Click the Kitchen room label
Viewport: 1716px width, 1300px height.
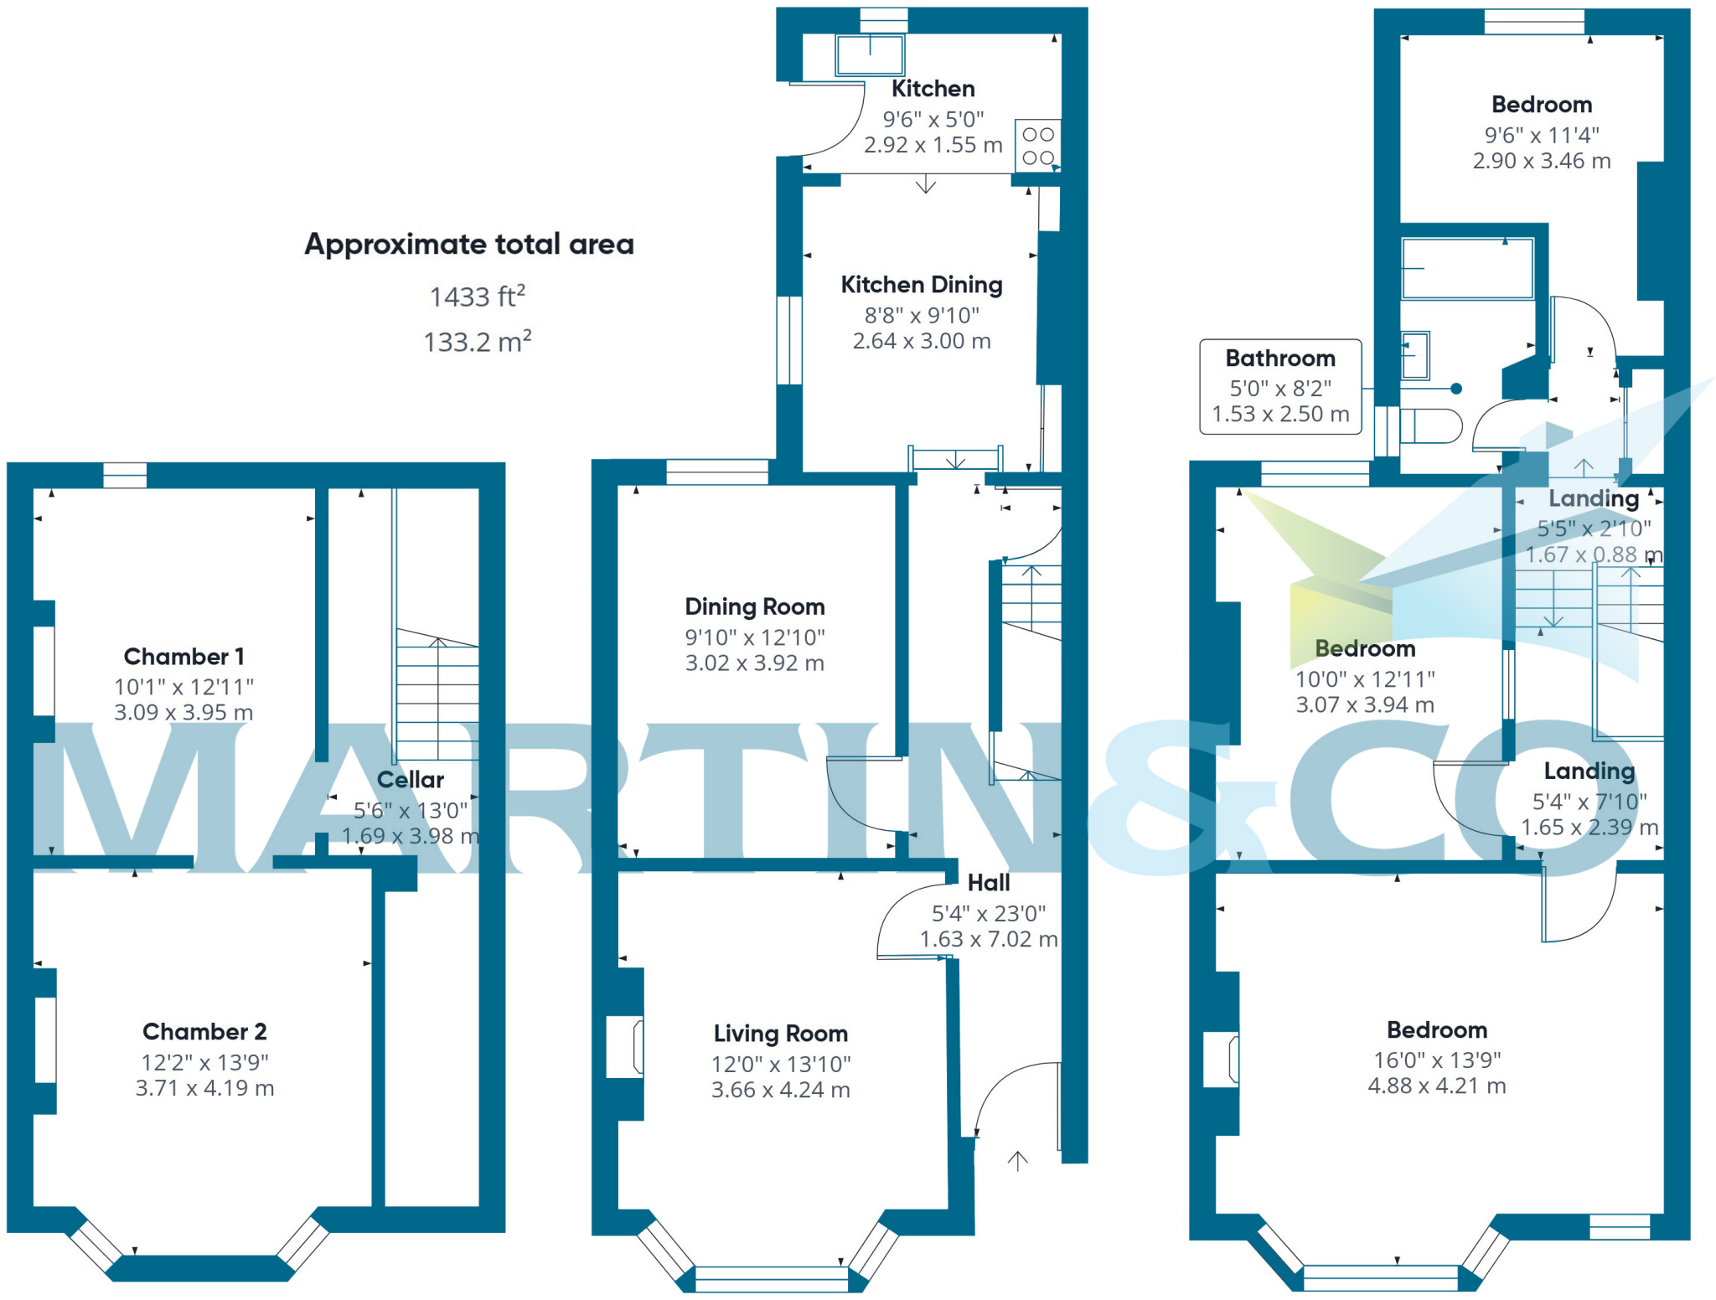click(933, 89)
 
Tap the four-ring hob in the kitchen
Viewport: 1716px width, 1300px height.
click(1037, 146)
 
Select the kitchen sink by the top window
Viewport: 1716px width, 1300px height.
click(870, 55)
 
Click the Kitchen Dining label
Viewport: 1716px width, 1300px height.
click(921, 285)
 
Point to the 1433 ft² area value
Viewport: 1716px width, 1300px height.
click(477, 297)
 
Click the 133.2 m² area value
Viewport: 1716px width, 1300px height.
click(477, 342)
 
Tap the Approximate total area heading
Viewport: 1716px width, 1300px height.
click(468, 244)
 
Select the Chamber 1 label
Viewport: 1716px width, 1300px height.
click(183, 657)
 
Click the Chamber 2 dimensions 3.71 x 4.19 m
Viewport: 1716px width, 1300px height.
click(204, 1088)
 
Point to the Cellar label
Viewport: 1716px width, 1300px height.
click(410, 780)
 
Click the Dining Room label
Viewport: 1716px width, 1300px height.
click(754, 606)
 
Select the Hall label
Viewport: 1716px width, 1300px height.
click(988, 883)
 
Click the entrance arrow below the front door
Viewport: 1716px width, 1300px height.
click(1017, 1161)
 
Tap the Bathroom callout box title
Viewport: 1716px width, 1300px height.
click(1279, 359)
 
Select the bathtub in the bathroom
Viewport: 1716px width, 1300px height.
click(1467, 269)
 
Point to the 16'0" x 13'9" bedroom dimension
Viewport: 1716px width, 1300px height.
click(1436, 1060)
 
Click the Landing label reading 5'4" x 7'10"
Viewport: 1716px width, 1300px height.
click(1589, 802)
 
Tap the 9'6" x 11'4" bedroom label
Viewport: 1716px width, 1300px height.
click(1541, 135)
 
